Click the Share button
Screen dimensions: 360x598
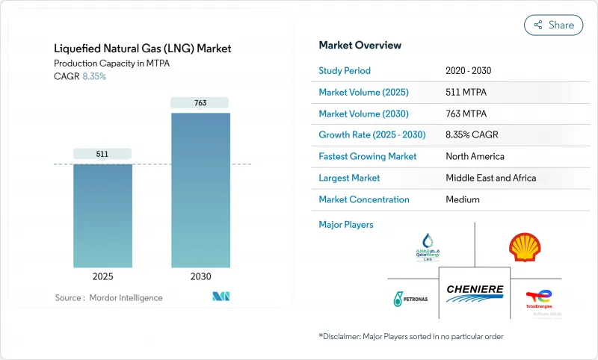click(x=554, y=25)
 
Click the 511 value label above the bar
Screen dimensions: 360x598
click(x=102, y=154)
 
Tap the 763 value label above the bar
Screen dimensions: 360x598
click(x=200, y=102)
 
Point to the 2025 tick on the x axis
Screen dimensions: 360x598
click(x=102, y=276)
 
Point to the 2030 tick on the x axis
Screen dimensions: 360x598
click(x=200, y=276)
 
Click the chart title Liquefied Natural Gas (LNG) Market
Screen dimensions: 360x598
click(x=143, y=49)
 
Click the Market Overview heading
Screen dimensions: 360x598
click(x=360, y=45)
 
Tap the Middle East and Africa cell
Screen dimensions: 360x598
click(x=490, y=178)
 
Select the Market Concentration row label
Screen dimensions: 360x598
click(x=364, y=199)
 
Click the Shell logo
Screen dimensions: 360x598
click(x=525, y=247)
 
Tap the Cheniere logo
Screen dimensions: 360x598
click(x=475, y=291)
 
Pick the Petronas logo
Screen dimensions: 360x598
click(x=408, y=299)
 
